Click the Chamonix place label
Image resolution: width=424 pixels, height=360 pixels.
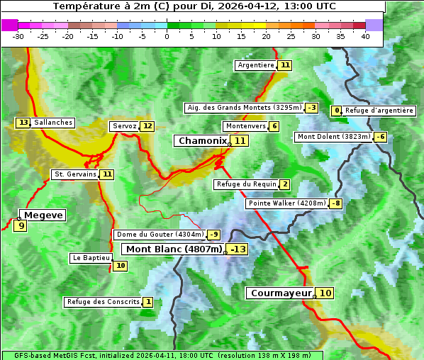coord(202,141)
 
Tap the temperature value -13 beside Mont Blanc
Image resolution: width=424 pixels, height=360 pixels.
coord(238,249)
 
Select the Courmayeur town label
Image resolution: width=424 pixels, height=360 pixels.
coord(281,293)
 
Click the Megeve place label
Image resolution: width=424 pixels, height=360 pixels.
coord(43,215)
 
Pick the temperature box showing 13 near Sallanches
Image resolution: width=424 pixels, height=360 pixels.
coord(23,123)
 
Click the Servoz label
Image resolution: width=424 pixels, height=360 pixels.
coord(124,126)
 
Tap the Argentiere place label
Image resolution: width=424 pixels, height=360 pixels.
coord(256,65)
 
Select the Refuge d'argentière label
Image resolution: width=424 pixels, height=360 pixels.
coord(379,111)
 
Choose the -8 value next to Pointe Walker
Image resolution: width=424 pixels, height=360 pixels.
coord(336,204)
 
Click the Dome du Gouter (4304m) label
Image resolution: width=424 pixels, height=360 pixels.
coord(160,235)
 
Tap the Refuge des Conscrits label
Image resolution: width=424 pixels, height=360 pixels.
coord(103,302)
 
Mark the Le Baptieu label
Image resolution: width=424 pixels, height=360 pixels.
coord(91,258)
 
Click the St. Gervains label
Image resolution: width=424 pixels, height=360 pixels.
coord(75,174)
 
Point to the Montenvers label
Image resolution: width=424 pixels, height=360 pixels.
coord(245,126)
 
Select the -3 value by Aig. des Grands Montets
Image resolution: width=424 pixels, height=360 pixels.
coord(312,108)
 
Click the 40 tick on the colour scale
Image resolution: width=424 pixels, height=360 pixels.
coord(365,36)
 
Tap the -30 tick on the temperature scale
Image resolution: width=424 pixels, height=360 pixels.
coord(18,36)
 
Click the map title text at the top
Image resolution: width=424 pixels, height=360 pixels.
coord(194,6)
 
